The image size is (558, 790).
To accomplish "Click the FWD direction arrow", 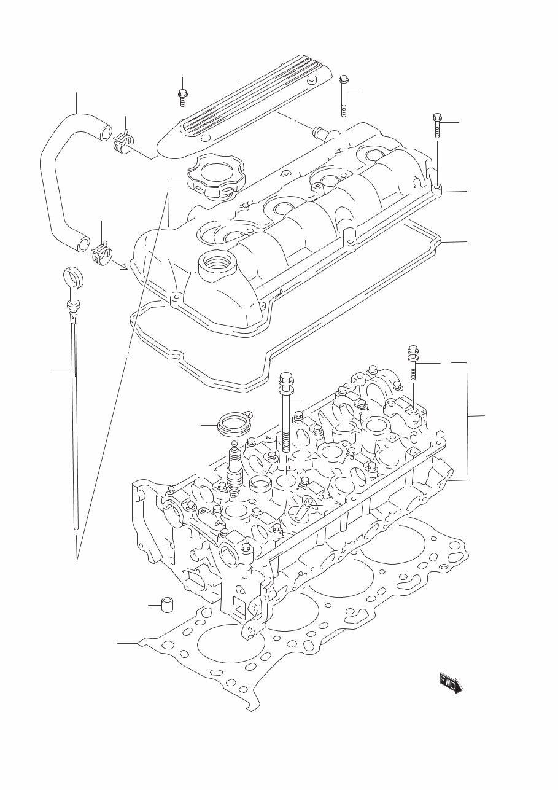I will pos(451,682).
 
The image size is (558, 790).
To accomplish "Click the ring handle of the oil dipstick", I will pos(72,277).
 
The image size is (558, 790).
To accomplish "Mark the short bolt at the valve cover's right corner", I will pos(437,127).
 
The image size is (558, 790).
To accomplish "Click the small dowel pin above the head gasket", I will pos(165,604).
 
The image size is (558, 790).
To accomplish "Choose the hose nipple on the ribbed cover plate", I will pos(320,131).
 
